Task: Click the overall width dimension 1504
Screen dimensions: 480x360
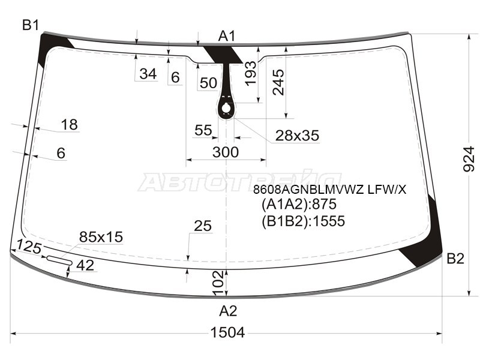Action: (x=227, y=332)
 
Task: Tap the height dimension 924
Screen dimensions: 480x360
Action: (x=469, y=159)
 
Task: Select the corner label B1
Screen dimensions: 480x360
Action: (x=31, y=25)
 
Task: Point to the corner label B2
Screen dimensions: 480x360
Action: (x=455, y=259)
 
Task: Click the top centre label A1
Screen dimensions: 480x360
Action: (x=227, y=36)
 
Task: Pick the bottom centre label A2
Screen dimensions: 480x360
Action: (x=228, y=311)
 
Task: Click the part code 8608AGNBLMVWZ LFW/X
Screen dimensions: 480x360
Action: (x=329, y=190)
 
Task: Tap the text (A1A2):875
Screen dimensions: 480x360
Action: (x=299, y=204)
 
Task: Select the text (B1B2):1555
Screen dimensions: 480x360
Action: (x=303, y=221)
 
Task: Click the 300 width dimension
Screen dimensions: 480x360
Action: (x=226, y=152)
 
